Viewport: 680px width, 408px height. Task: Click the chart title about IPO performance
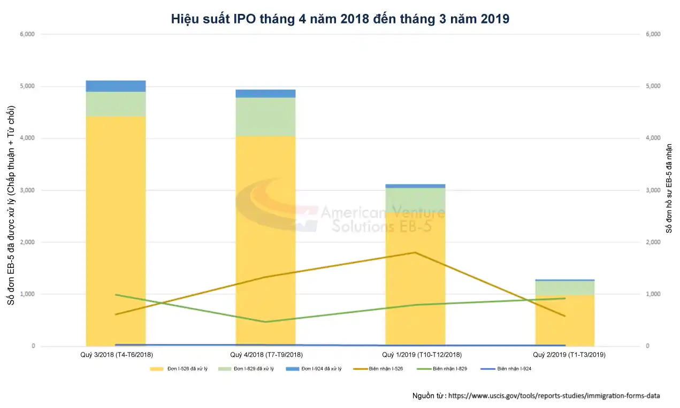pos(340,19)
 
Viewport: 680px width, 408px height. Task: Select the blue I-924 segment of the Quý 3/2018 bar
pos(116,86)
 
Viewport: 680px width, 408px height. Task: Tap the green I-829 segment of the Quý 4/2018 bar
pos(265,117)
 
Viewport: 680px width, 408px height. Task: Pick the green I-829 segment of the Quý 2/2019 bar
pos(564,288)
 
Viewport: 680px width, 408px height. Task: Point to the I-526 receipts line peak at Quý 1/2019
pos(415,252)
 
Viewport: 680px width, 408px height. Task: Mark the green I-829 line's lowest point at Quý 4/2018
pos(265,322)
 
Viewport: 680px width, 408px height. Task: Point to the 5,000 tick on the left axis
pos(27,86)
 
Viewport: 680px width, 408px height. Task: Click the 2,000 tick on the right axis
pos(654,242)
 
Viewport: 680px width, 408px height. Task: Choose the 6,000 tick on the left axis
pos(27,34)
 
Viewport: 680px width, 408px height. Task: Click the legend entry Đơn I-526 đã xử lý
pos(179,369)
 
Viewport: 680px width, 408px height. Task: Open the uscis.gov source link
pos(554,396)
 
